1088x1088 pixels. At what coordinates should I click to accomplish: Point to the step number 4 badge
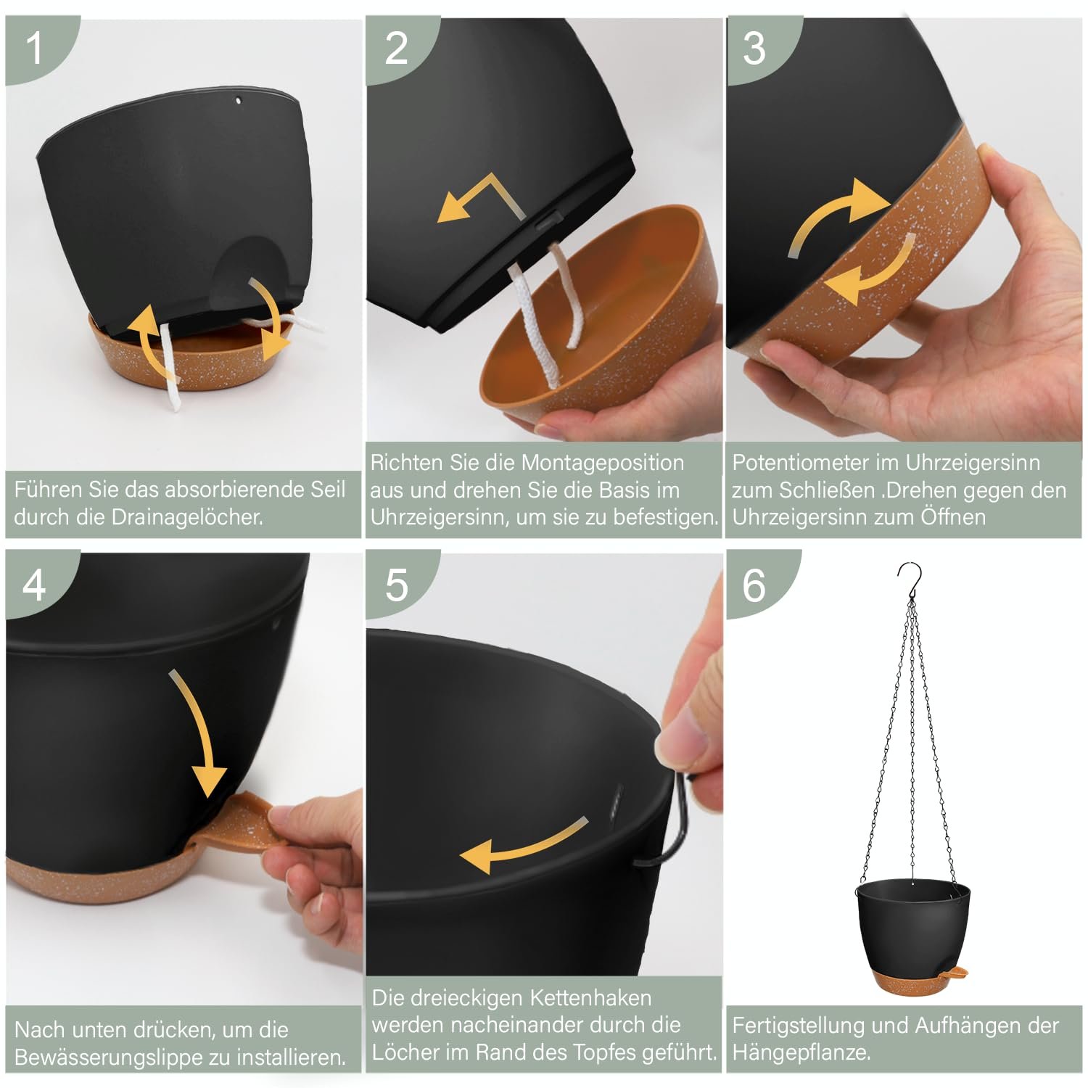pyautogui.click(x=34, y=584)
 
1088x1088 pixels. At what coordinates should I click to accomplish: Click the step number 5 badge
pyautogui.click(x=396, y=584)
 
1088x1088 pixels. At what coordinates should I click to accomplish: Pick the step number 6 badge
pyautogui.click(x=754, y=584)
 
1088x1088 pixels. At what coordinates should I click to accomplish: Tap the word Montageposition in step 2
pyautogui.click(x=603, y=463)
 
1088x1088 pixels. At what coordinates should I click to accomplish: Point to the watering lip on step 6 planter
pyautogui.click(x=957, y=971)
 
